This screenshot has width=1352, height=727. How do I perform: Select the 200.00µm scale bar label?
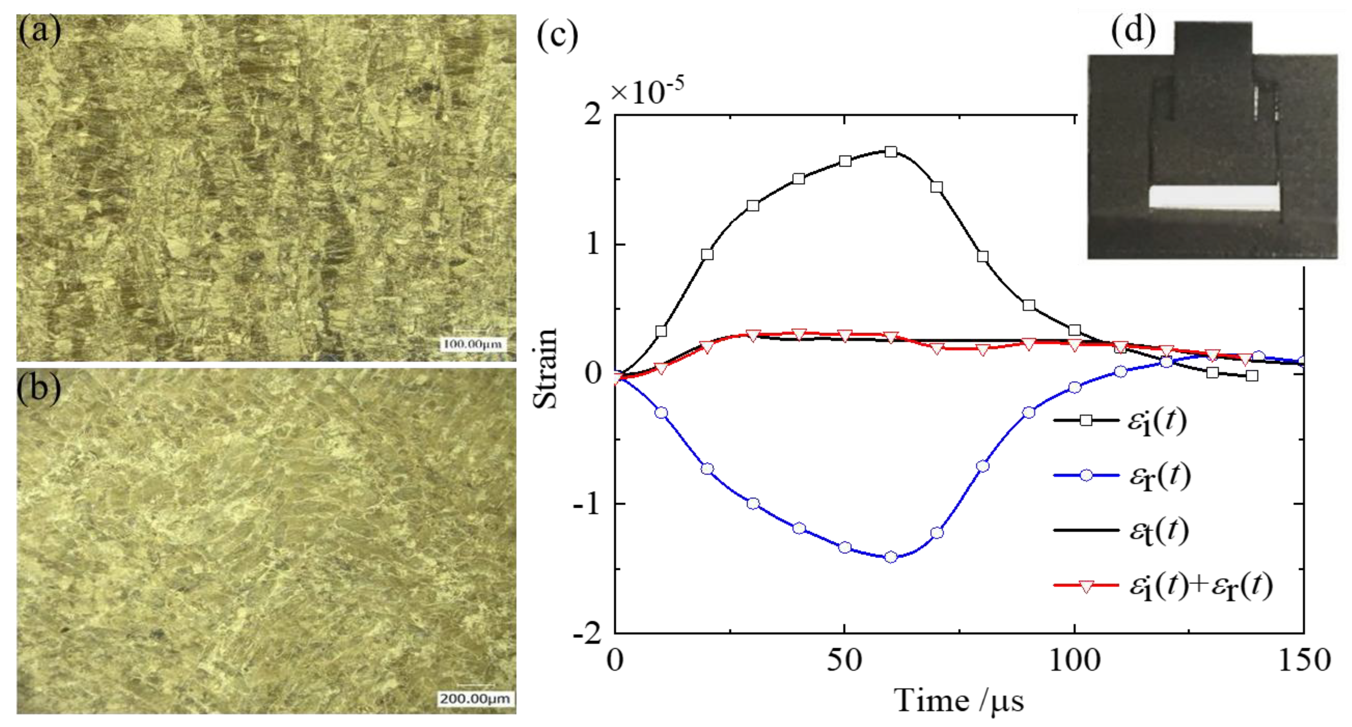pos(474,699)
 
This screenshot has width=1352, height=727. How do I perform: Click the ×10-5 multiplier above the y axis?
pos(647,92)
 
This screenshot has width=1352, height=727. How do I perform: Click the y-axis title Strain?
pos(545,369)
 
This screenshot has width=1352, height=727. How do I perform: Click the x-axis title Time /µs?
pos(958,701)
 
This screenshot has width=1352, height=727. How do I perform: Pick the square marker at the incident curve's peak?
pos(890,152)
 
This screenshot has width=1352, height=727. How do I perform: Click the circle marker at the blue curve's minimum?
pos(890,557)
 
